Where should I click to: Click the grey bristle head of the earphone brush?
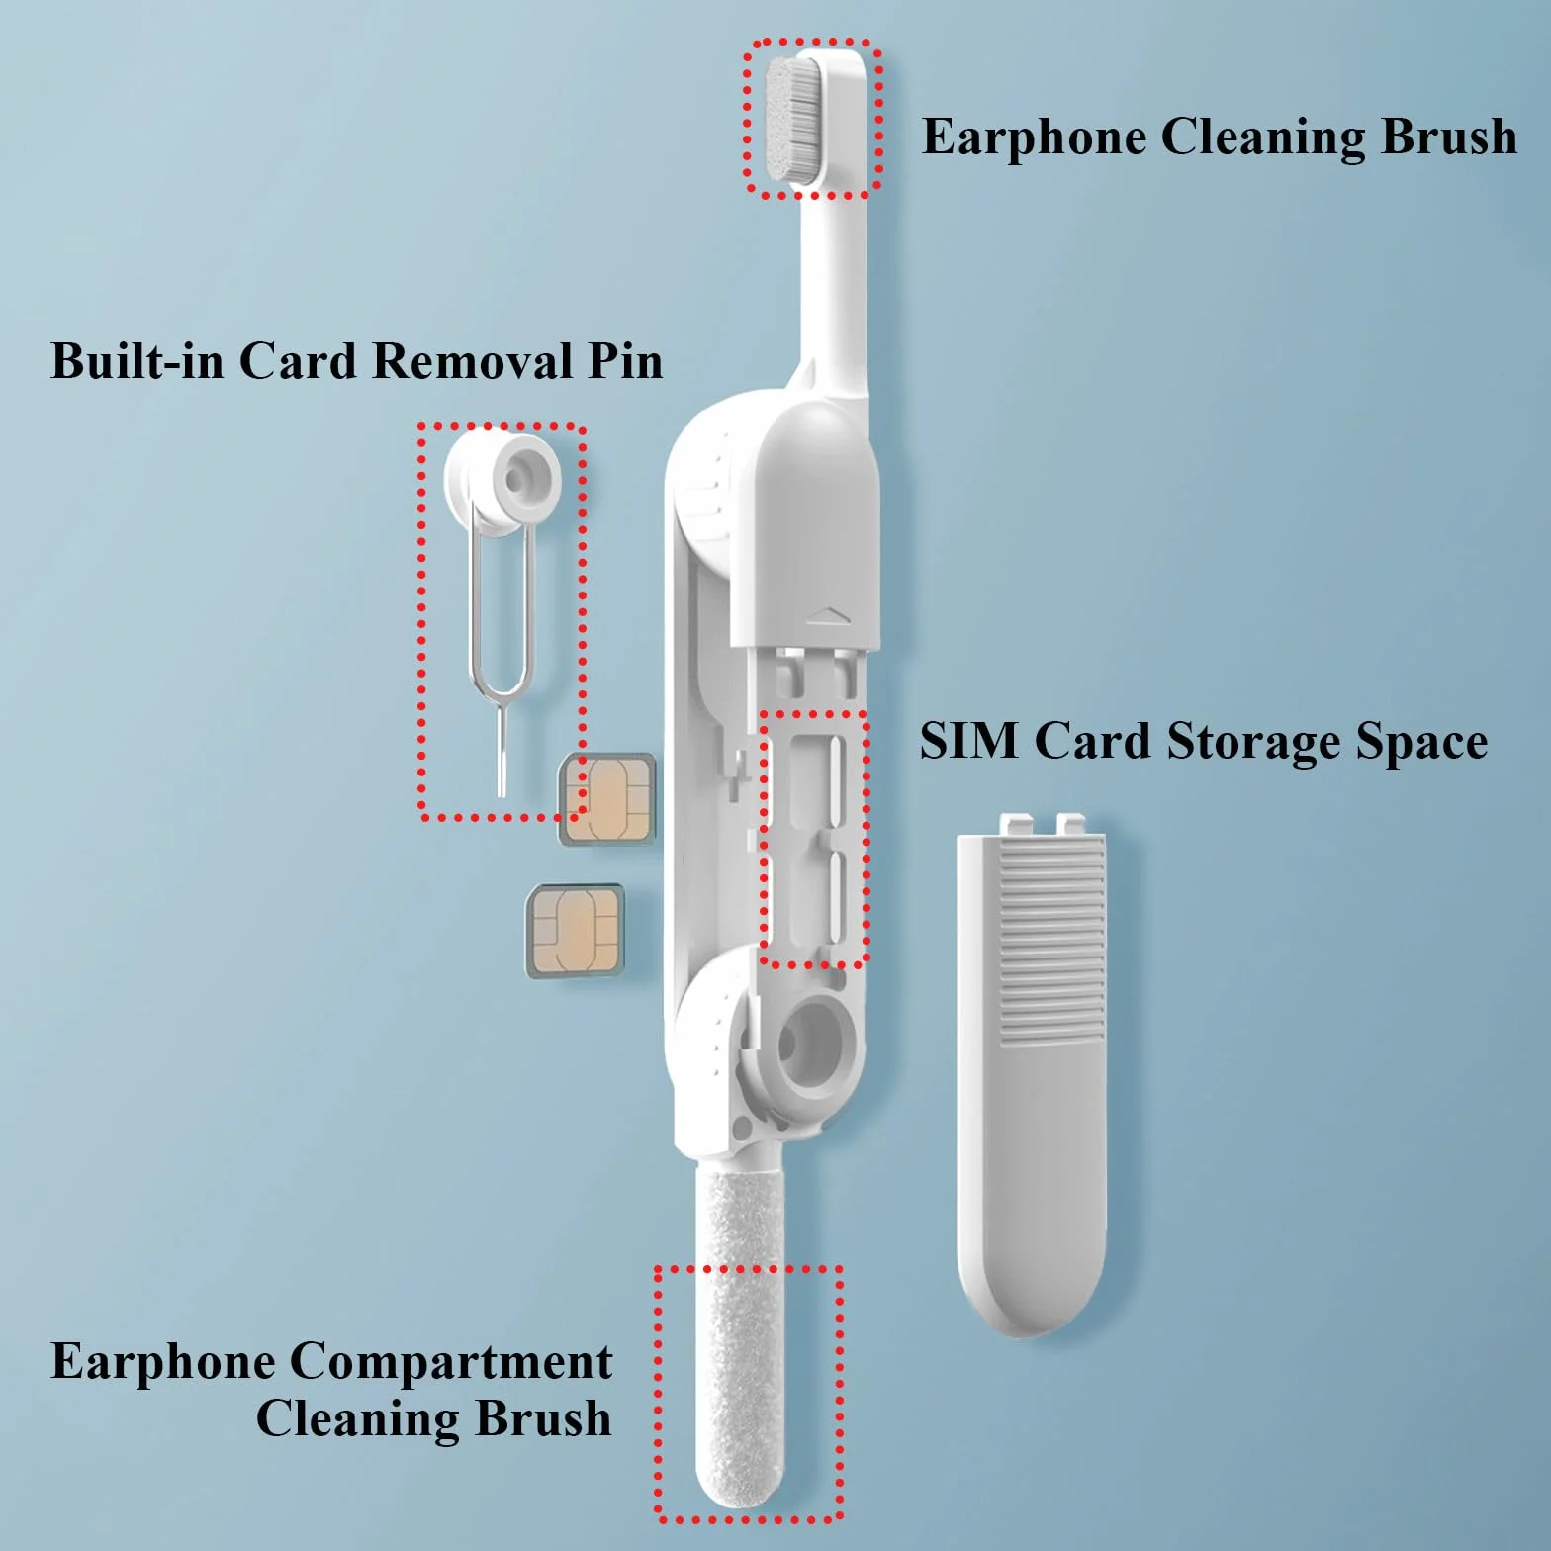tap(793, 119)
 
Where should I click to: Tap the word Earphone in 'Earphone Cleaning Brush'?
tap(1033, 137)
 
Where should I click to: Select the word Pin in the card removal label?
tap(625, 361)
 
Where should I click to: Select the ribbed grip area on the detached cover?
tap(1051, 942)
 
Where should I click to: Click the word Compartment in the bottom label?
tap(450, 1364)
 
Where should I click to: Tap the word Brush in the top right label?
tap(1449, 137)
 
